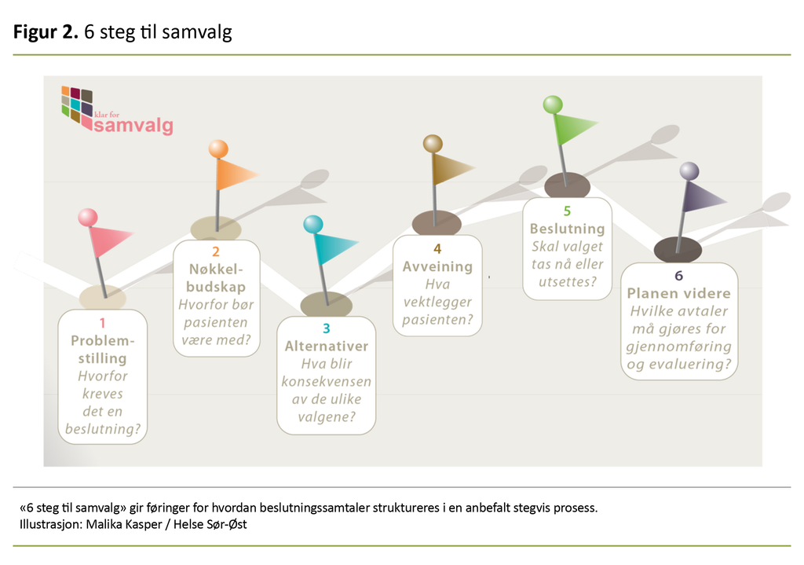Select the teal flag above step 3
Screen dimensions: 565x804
(x=335, y=248)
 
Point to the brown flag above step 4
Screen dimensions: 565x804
(x=452, y=167)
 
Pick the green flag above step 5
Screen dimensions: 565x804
(x=575, y=126)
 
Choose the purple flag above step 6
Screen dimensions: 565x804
(x=703, y=195)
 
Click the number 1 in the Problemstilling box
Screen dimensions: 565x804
(x=102, y=322)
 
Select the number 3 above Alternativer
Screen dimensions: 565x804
(x=326, y=328)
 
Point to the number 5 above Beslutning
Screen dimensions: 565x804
(x=567, y=211)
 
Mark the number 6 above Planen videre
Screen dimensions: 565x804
(x=679, y=276)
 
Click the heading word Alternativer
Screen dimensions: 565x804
(x=326, y=346)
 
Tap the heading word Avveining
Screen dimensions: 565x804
(x=438, y=266)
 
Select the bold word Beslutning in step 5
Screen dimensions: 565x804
(x=567, y=229)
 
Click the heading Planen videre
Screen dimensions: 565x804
(x=679, y=293)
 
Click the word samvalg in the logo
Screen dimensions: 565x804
(x=133, y=127)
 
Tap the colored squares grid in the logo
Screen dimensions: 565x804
(x=76, y=102)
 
